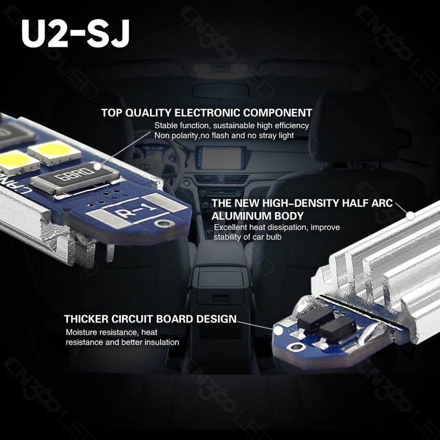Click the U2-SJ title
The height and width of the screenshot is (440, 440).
point(76,34)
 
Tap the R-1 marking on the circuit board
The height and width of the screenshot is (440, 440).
point(134,213)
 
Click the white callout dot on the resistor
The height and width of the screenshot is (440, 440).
point(97,165)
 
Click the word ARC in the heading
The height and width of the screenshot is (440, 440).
point(381,204)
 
